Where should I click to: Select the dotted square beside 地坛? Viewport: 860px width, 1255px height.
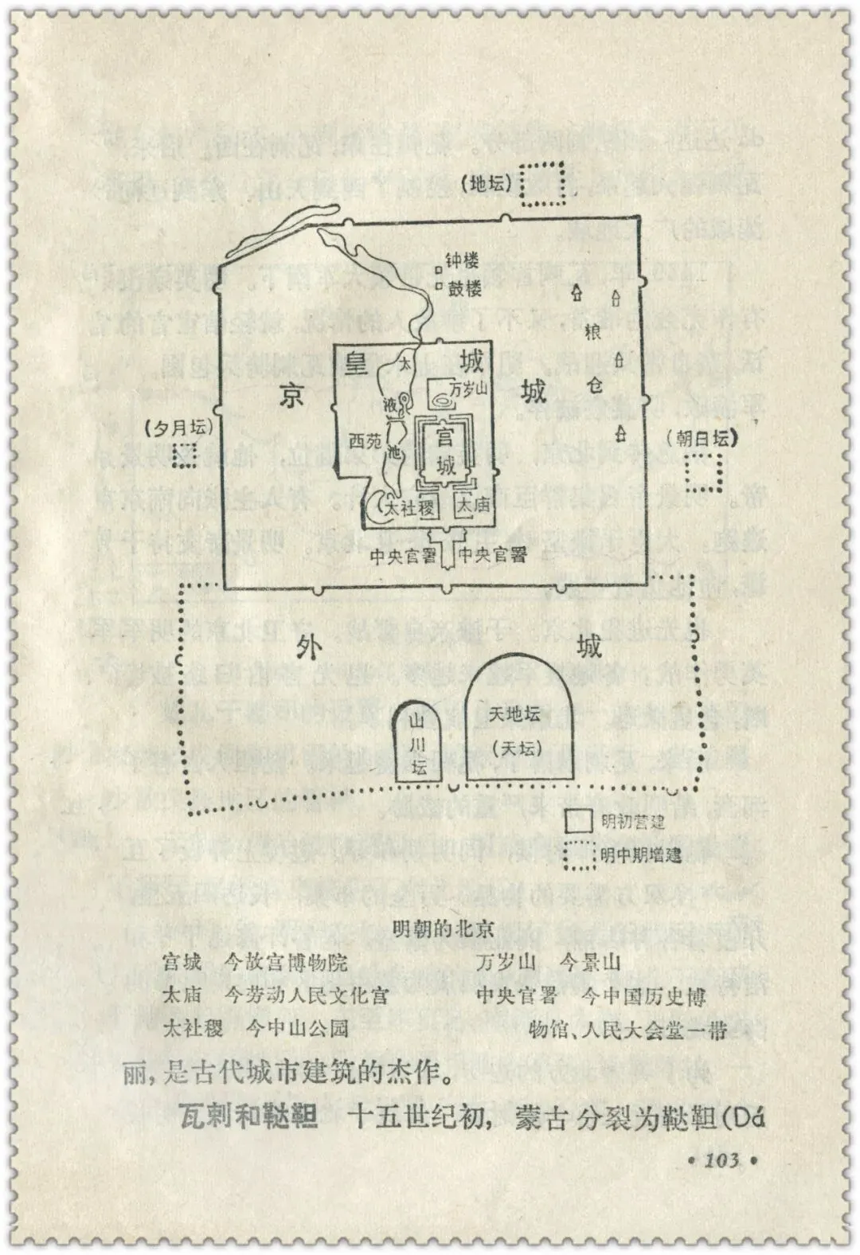[x=542, y=185]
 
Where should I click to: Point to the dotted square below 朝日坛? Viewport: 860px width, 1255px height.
[x=706, y=471]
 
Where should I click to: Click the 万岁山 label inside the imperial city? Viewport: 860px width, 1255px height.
[x=467, y=389]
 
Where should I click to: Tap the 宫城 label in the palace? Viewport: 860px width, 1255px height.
[x=447, y=451]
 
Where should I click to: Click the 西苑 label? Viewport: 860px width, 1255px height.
[x=366, y=440]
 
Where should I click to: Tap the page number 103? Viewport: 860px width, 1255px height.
[x=721, y=1159]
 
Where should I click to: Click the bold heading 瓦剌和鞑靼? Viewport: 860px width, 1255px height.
[x=244, y=1117]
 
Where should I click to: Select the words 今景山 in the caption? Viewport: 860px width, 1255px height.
[x=590, y=962]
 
